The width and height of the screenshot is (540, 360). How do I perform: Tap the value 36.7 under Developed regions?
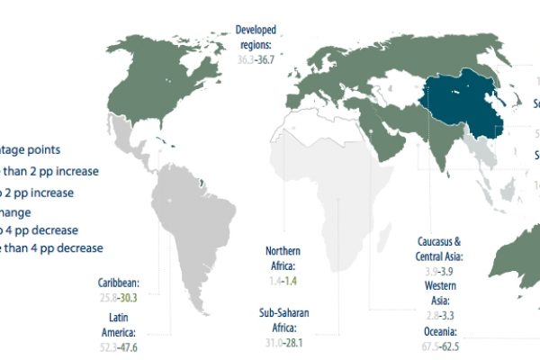tap(270, 58)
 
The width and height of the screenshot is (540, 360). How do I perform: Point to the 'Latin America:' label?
tap(121, 325)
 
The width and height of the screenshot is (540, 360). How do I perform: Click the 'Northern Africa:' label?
tap(286, 257)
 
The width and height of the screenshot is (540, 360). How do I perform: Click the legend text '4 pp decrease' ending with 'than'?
tap(53, 247)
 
